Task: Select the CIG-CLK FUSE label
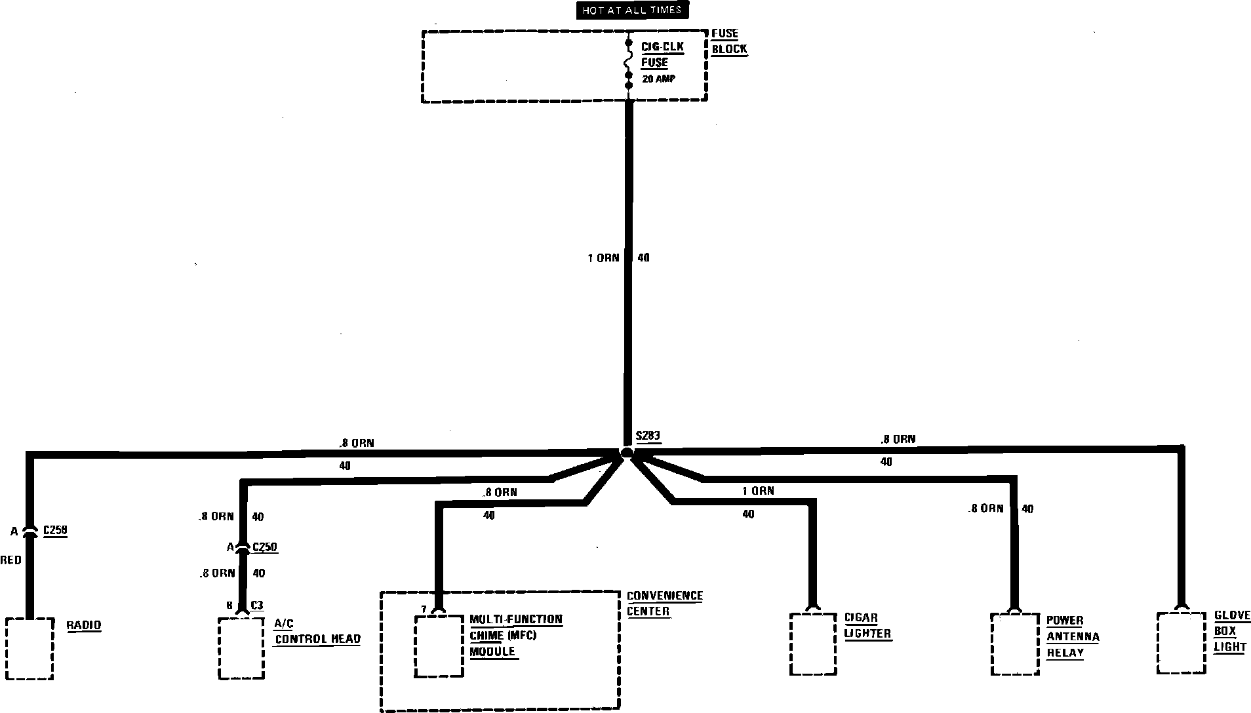662,55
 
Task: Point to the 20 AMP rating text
658,79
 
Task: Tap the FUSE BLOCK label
729,41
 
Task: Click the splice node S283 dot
627,453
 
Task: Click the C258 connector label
55,531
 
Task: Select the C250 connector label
264,547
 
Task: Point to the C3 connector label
257,606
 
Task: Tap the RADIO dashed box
30,648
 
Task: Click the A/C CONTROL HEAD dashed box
241,647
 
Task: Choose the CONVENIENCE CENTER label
664,604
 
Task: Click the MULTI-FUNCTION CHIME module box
439,646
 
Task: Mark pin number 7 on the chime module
424,609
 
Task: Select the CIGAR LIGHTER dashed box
813,644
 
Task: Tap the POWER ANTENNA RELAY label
1072,636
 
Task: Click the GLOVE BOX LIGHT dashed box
1181,642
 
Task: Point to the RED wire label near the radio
10,560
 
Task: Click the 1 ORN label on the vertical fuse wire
603,258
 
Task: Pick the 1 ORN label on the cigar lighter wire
758,491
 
